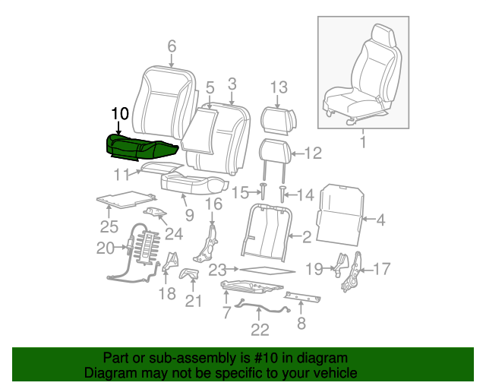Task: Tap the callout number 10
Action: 119,114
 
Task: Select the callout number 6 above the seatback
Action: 172,46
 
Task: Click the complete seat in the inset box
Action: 361,80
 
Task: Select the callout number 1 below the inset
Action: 362,142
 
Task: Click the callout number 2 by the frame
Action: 307,238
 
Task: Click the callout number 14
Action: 305,195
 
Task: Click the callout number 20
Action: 105,247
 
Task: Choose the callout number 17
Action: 381,268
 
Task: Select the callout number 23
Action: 218,269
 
